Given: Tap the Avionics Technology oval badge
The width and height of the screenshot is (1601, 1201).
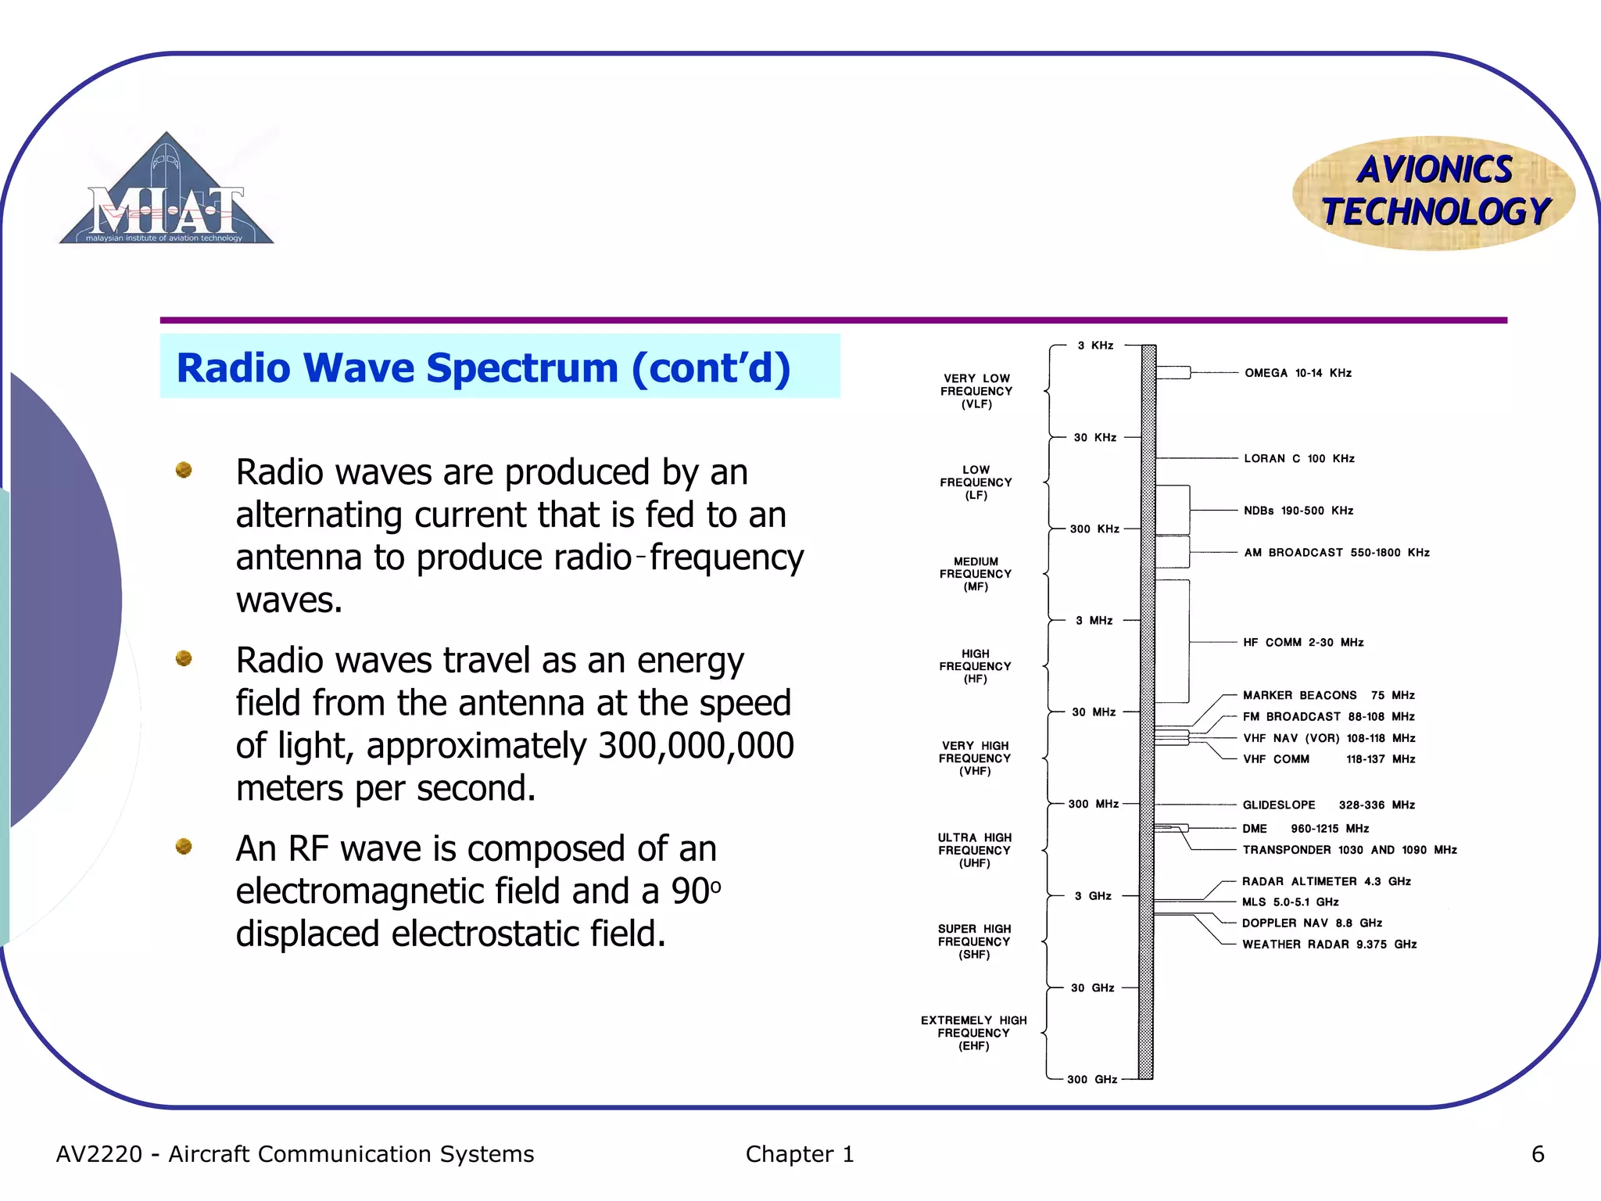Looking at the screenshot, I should pyautogui.click(x=1434, y=192).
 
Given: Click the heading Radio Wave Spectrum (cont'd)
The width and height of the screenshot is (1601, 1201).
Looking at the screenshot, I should pyautogui.click(x=483, y=367).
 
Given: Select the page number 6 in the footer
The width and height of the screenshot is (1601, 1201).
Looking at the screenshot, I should pyautogui.click(x=1537, y=1154).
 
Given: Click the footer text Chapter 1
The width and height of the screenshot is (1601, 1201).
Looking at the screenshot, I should pyautogui.click(x=799, y=1154).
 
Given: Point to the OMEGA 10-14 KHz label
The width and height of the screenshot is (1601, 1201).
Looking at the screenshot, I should pyautogui.click(x=1298, y=373).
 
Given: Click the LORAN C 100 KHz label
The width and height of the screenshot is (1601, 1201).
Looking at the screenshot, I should pyautogui.click(x=1298, y=458).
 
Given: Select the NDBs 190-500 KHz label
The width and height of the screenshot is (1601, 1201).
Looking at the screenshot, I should pyautogui.click(x=1298, y=511).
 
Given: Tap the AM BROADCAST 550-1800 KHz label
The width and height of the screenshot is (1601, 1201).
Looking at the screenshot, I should pyautogui.click(x=1336, y=552).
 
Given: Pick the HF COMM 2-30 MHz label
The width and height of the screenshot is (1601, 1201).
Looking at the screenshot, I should pyautogui.click(x=1303, y=642).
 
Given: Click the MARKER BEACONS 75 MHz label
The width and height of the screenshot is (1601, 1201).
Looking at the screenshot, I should pyautogui.click(x=1328, y=695).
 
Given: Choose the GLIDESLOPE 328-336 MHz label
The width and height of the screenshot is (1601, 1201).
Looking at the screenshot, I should pyautogui.click(x=1328, y=805).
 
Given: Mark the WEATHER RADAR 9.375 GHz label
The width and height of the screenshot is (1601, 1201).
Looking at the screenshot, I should pyautogui.click(x=1329, y=944).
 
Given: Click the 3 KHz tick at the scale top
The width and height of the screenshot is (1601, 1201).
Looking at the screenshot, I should pyautogui.click(x=1095, y=345).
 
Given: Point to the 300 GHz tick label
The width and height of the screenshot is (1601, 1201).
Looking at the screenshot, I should pyautogui.click(x=1091, y=1079).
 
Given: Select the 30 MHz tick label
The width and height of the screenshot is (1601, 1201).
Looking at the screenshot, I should pyautogui.click(x=1093, y=712).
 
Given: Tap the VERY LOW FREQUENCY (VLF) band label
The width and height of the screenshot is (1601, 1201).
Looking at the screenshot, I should pyautogui.click(x=976, y=391).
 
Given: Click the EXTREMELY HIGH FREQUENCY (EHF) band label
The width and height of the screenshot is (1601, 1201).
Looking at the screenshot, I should pyautogui.click(x=973, y=1033).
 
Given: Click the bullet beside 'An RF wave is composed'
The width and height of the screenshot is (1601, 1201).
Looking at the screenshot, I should pyautogui.click(x=184, y=846).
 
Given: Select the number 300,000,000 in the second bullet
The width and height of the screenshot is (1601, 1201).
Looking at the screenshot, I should pyautogui.click(x=696, y=745).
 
